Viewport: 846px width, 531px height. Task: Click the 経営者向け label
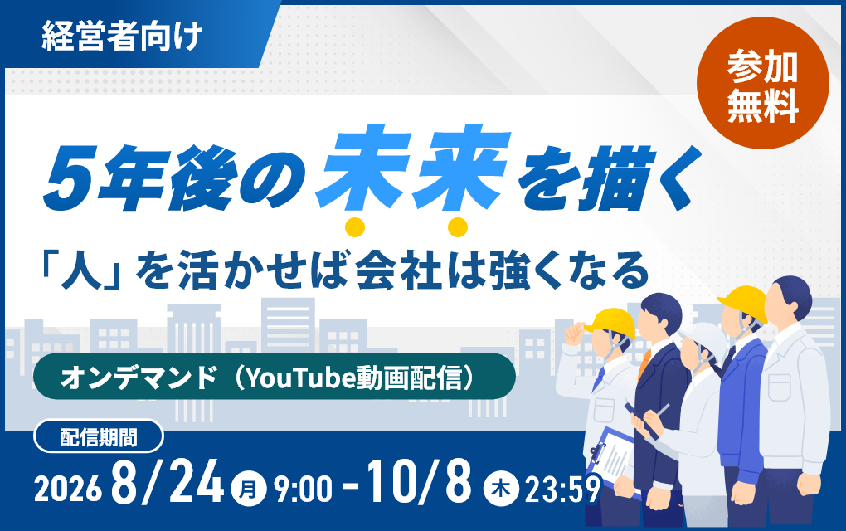coord(122,37)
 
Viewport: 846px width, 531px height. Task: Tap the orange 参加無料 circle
coord(762,84)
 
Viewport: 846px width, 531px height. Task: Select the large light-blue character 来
coord(463,168)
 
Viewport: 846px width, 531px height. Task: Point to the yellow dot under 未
coord(355,227)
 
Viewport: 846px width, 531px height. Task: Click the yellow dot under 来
coord(458,227)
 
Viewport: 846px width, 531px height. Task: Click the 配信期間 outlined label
coord(98,436)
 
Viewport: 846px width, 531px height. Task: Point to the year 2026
coord(68,490)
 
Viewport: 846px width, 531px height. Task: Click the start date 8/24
coord(168,481)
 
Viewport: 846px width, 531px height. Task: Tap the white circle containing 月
coord(248,489)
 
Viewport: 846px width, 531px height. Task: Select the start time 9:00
coord(303,490)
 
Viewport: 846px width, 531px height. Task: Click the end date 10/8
coord(419,480)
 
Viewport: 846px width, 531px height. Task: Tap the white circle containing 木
coord(501,489)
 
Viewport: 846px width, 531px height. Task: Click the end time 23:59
coord(562,490)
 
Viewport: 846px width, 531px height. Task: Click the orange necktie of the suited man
coord(644,363)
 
